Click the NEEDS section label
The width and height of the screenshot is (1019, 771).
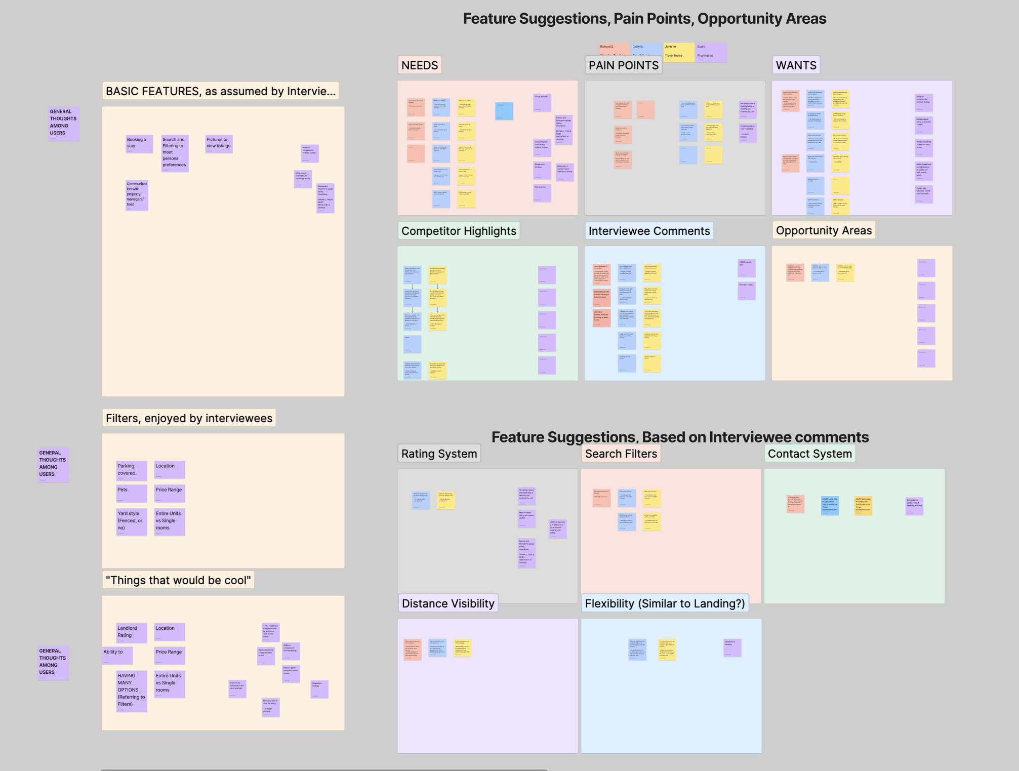click(420, 65)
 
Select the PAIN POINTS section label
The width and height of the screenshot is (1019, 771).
click(623, 65)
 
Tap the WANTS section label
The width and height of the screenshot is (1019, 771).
click(796, 65)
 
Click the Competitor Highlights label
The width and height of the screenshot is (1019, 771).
click(459, 231)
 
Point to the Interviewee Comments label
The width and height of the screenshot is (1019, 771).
click(649, 231)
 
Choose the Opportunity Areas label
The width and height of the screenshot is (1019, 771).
click(824, 230)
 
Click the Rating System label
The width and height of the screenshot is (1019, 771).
click(439, 454)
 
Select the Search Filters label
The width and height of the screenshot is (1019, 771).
click(621, 454)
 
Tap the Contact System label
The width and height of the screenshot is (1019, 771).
click(809, 454)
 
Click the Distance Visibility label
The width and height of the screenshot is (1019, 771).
click(448, 603)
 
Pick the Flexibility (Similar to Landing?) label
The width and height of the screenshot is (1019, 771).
click(665, 603)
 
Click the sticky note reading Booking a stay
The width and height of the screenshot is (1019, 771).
click(139, 144)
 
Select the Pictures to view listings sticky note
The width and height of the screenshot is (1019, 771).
click(219, 144)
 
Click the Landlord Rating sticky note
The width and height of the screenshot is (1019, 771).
click(132, 633)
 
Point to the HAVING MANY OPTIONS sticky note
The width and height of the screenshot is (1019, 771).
click(132, 691)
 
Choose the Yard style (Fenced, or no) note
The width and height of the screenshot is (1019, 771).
click(132, 521)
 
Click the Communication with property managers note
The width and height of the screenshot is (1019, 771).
click(137, 195)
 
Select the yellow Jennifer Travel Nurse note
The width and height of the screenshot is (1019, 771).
click(679, 53)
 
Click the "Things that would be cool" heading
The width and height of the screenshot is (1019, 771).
click(178, 580)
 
